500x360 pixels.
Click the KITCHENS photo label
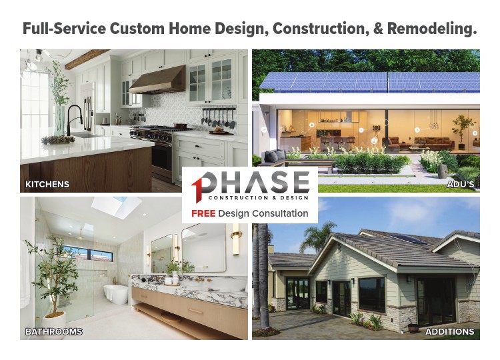(x=47, y=184)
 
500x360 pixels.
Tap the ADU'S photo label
(x=461, y=184)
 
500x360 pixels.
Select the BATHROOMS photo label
(x=53, y=331)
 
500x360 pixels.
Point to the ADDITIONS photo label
(x=449, y=331)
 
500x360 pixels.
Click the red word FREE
(x=203, y=213)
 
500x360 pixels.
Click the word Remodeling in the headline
(x=432, y=29)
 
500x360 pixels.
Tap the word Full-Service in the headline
(x=64, y=29)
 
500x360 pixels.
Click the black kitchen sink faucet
(x=74, y=118)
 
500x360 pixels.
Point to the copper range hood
(x=158, y=80)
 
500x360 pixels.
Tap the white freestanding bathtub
(x=115, y=294)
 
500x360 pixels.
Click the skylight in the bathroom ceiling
(x=117, y=207)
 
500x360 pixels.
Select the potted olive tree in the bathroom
(x=53, y=281)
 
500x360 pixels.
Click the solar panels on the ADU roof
(x=369, y=81)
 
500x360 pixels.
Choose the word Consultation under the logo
(x=280, y=213)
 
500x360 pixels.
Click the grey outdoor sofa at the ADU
(x=273, y=158)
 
